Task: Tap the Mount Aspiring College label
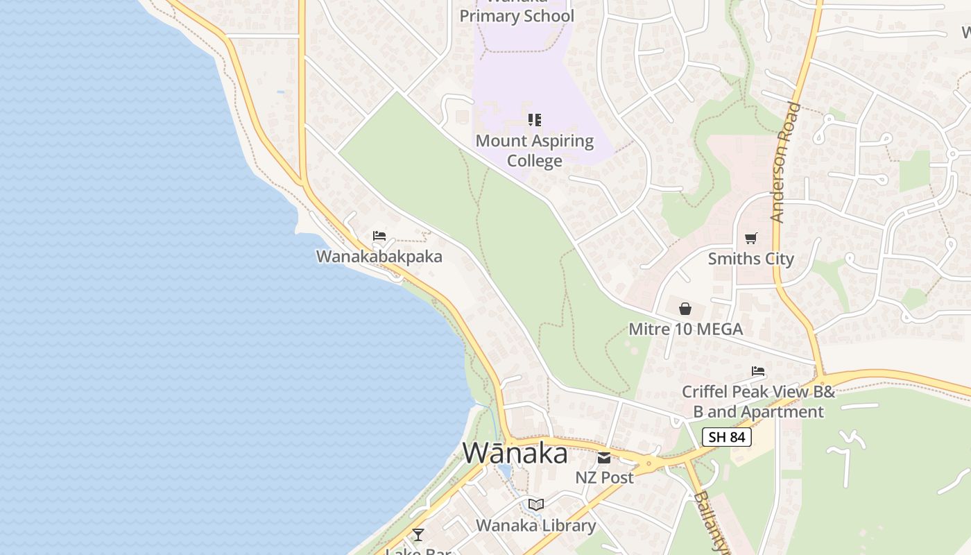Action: tap(535, 151)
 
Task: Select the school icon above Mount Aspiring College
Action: tap(534, 120)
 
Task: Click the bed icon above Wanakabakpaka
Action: tap(379, 236)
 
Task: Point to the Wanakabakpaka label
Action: tap(379, 257)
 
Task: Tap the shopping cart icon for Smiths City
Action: tap(750, 239)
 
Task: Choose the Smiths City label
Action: tap(750, 259)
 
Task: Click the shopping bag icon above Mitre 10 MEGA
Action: tap(685, 309)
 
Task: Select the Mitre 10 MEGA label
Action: tap(685, 329)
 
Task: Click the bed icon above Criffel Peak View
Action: tap(758, 371)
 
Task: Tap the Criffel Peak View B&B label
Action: tap(758, 401)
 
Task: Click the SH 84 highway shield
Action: tap(727, 437)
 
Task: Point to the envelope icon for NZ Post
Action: tap(604, 457)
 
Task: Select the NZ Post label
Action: tap(604, 477)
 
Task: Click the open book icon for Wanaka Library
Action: tap(535, 504)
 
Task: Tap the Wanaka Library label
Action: tap(535, 525)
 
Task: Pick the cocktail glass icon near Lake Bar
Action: tap(418, 534)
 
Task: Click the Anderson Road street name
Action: tap(785, 162)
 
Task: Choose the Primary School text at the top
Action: tap(517, 15)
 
